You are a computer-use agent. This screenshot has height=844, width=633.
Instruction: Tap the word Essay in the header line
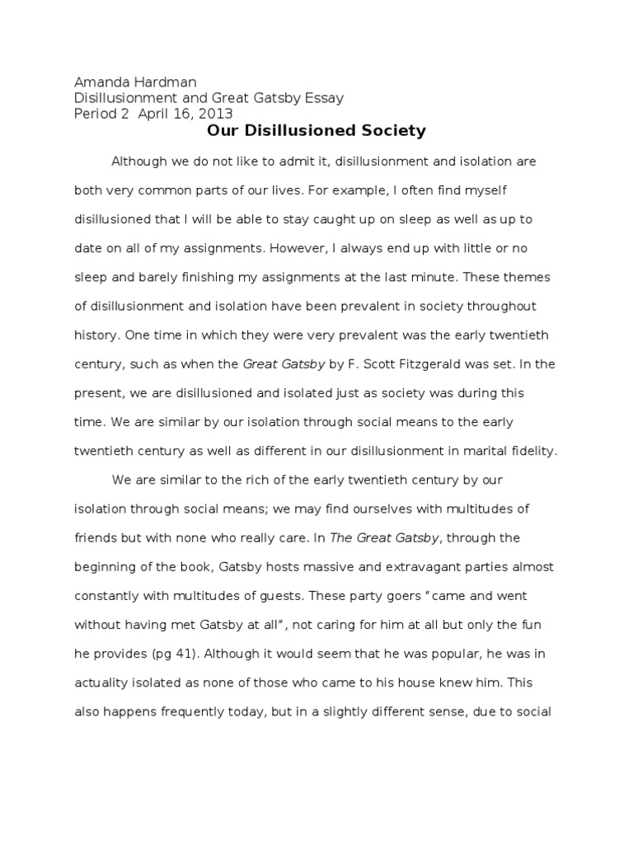coord(322,98)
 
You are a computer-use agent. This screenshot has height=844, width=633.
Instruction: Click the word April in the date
coord(155,114)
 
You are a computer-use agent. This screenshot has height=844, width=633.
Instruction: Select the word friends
coord(96,538)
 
